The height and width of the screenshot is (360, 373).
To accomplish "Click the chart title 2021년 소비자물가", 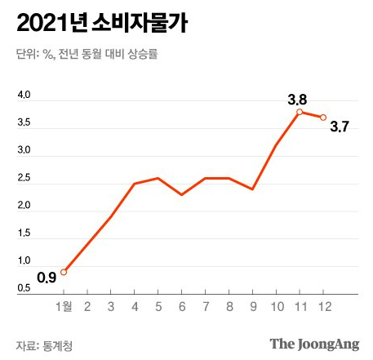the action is point(102,23).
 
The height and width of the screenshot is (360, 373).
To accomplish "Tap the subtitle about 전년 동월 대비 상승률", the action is point(87,54).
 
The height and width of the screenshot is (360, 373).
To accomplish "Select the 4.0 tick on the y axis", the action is point(24,95).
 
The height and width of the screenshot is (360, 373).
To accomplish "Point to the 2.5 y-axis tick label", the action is point(24,178).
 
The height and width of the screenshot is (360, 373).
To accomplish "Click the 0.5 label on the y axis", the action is point(24,288).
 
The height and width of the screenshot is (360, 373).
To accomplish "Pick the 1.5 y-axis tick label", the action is point(24,233).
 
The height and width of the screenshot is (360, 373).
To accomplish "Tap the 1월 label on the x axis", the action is point(64,307).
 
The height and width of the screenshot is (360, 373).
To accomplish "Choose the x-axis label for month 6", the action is point(182,307).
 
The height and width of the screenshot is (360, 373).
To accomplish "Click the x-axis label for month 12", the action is point(325,307).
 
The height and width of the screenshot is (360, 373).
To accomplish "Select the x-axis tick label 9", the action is point(253,307).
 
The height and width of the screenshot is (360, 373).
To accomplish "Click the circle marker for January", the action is point(64,272).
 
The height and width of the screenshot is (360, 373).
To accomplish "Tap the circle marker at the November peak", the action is point(300,112).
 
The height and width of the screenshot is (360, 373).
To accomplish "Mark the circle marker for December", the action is point(323,118).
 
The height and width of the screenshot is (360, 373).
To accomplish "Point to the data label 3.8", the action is point(297,100).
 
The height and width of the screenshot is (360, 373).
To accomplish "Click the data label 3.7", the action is point(340,127).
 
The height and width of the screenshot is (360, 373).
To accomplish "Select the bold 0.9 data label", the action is point(47,278).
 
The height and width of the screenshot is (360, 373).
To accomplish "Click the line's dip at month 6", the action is point(182,194).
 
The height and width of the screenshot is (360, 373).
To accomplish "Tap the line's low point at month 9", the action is point(253,189).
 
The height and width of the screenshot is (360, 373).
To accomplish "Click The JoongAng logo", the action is point(314,344).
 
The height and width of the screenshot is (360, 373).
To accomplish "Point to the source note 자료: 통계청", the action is point(44,346).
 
